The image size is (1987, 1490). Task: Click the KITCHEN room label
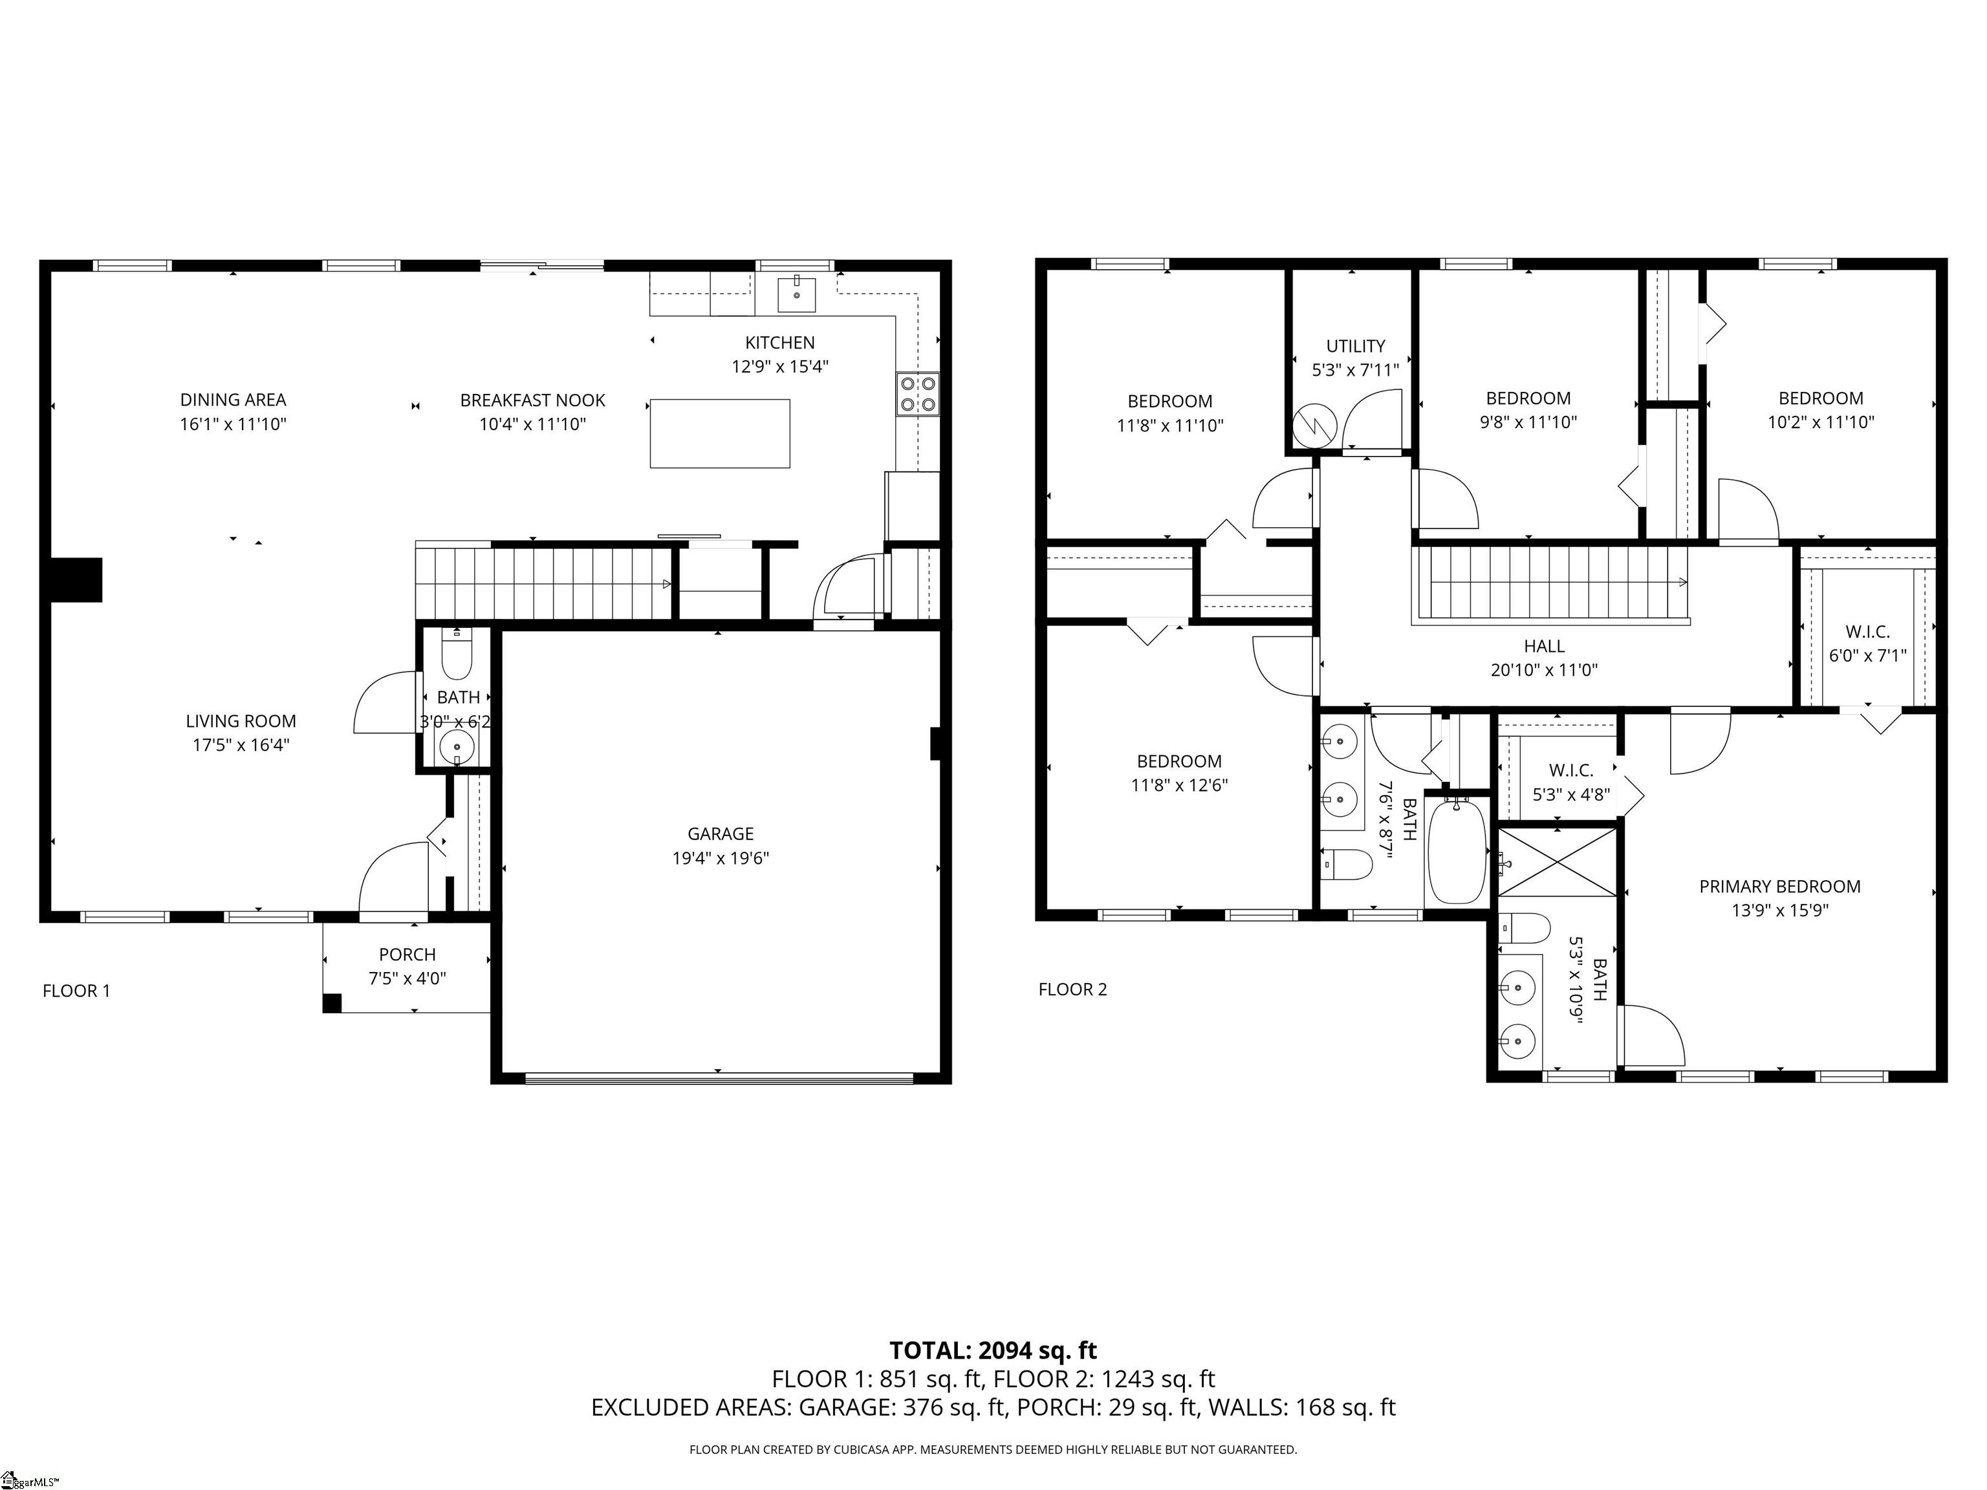coord(779,342)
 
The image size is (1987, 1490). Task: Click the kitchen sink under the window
coord(796,294)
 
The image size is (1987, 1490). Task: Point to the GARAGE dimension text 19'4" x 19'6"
coord(721,858)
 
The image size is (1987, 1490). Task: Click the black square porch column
coord(331,1003)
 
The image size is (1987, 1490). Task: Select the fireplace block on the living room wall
coord(76,579)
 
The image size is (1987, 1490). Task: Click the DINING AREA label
coord(233,400)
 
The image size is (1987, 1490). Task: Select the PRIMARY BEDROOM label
coord(1779,887)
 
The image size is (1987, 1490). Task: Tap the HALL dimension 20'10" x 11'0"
coord(1543,670)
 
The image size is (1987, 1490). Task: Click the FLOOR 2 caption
coord(1072,989)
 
